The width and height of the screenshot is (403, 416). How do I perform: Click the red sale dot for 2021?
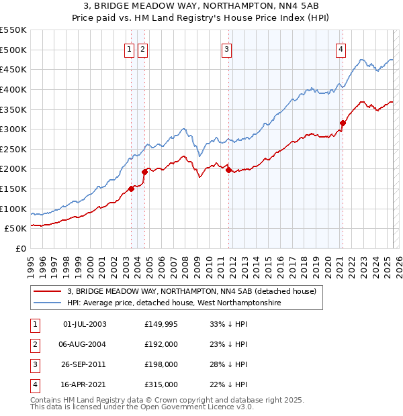343,123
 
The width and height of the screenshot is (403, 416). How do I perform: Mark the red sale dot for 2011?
229,170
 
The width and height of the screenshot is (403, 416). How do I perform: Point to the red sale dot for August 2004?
144,172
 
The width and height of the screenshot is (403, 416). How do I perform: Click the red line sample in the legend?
47,292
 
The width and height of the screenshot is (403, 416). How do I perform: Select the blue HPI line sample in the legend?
47,303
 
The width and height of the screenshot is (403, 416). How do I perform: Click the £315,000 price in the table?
161,384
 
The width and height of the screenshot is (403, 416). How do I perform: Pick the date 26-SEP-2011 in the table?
85,364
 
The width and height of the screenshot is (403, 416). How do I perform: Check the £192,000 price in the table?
161,344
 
